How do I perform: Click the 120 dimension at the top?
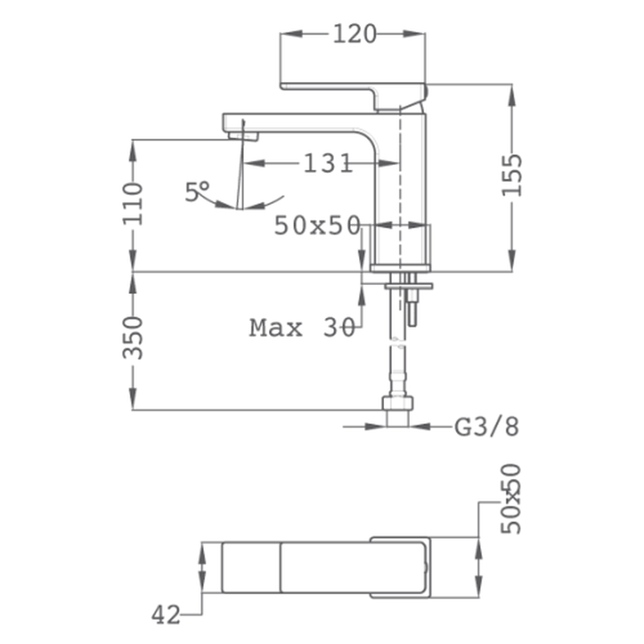click(354, 34)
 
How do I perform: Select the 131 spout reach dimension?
click(328, 163)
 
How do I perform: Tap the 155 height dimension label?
click(512, 175)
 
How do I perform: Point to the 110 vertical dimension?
click(133, 204)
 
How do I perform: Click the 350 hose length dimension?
click(133, 337)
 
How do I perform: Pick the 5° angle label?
click(197, 192)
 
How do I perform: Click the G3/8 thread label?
click(487, 427)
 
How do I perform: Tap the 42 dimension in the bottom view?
click(166, 615)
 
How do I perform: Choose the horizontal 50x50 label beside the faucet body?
click(317, 225)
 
